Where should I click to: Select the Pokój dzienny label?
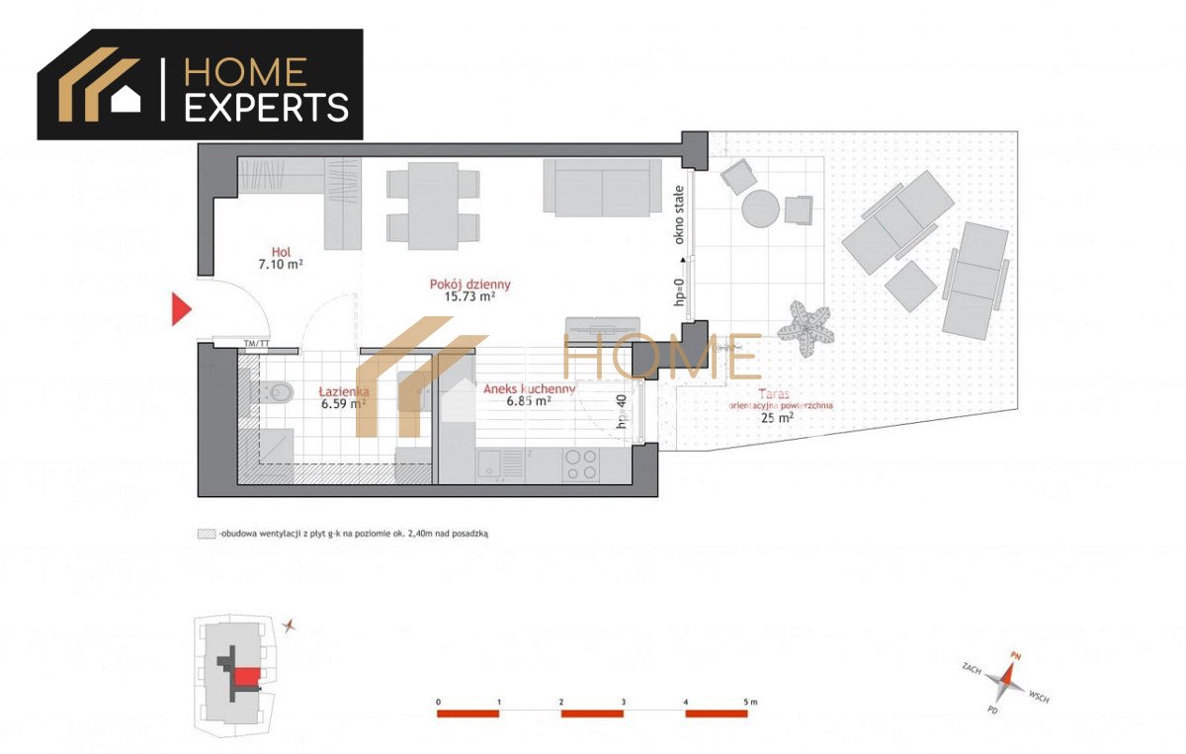[470, 285]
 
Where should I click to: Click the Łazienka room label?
[342, 391]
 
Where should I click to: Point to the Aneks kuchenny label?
[529, 389]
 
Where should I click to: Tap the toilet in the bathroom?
[279, 392]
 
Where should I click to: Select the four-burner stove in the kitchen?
[580, 462]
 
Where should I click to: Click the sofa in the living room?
[601, 187]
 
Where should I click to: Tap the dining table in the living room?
[433, 204]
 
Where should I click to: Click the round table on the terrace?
[761, 209]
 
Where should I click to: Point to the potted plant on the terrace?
[805, 324]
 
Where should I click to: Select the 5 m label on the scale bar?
[749, 702]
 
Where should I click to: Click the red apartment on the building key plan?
[247, 675]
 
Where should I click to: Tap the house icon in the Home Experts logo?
[126, 99]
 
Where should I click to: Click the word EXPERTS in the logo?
[267, 107]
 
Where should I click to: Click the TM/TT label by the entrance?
[256, 343]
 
